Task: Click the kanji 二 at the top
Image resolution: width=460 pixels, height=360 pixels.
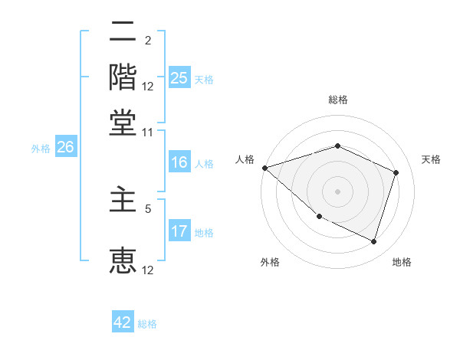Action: click(x=123, y=33)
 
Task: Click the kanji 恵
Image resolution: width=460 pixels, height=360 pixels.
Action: click(x=123, y=259)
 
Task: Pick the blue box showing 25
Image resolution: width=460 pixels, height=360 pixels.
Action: click(x=179, y=78)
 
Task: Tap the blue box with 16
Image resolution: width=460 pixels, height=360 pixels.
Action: click(x=179, y=163)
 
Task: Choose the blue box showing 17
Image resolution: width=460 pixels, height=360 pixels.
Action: click(x=179, y=232)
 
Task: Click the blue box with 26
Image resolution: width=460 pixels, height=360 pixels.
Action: click(x=65, y=148)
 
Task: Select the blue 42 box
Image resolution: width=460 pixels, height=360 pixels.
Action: click(x=123, y=322)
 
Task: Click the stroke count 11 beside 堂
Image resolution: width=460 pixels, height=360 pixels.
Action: click(x=147, y=132)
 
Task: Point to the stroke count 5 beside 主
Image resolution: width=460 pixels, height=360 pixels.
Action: click(x=148, y=207)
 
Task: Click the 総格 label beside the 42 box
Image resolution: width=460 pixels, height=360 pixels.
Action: click(x=147, y=324)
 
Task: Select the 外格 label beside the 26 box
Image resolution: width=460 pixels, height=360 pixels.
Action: click(x=40, y=149)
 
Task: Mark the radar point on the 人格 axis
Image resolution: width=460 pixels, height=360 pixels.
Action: click(x=264, y=168)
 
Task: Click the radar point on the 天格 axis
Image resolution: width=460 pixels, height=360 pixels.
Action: click(x=396, y=172)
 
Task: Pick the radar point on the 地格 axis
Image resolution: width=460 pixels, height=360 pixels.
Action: click(x=374, y=242)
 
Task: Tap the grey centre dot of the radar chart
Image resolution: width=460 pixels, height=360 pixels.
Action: click(x=338, y=191)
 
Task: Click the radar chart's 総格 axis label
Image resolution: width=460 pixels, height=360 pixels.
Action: click(x=338, y=100)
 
